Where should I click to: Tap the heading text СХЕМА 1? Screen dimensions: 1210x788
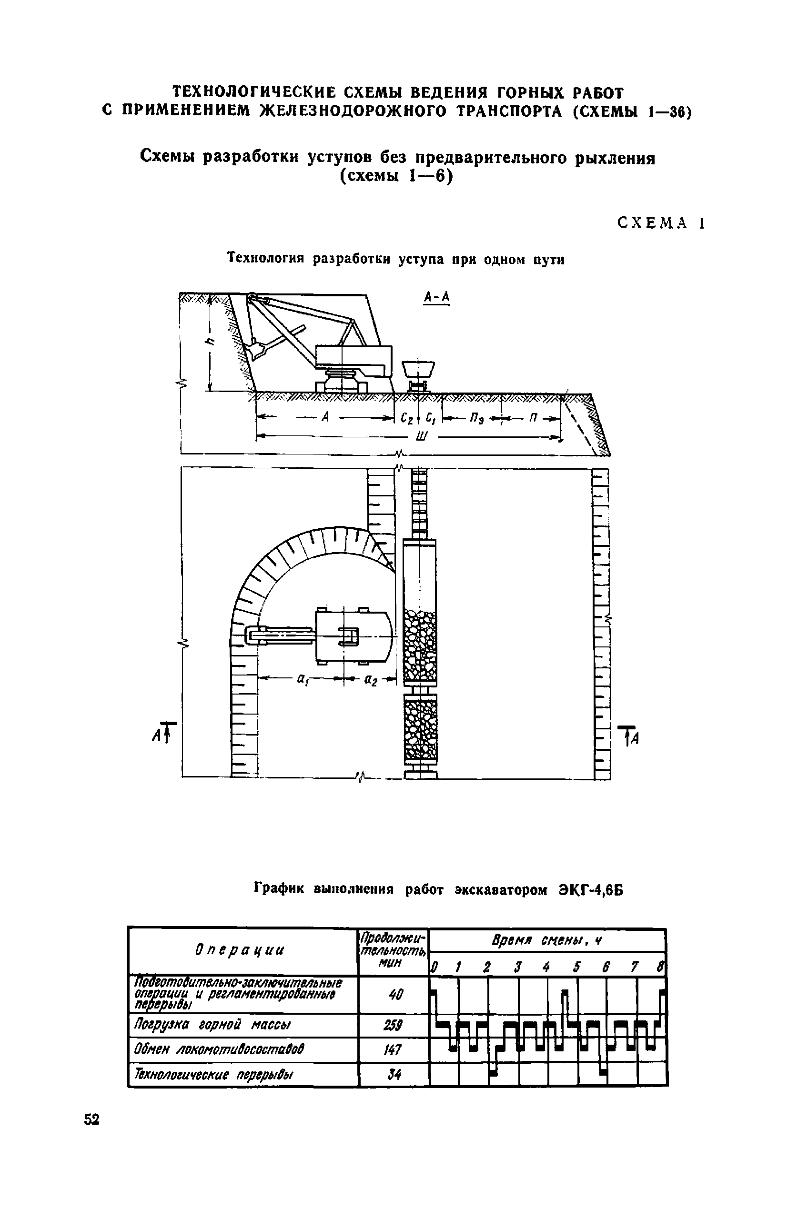660,222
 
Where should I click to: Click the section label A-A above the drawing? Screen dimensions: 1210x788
437,297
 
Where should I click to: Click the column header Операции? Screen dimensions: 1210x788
240,950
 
